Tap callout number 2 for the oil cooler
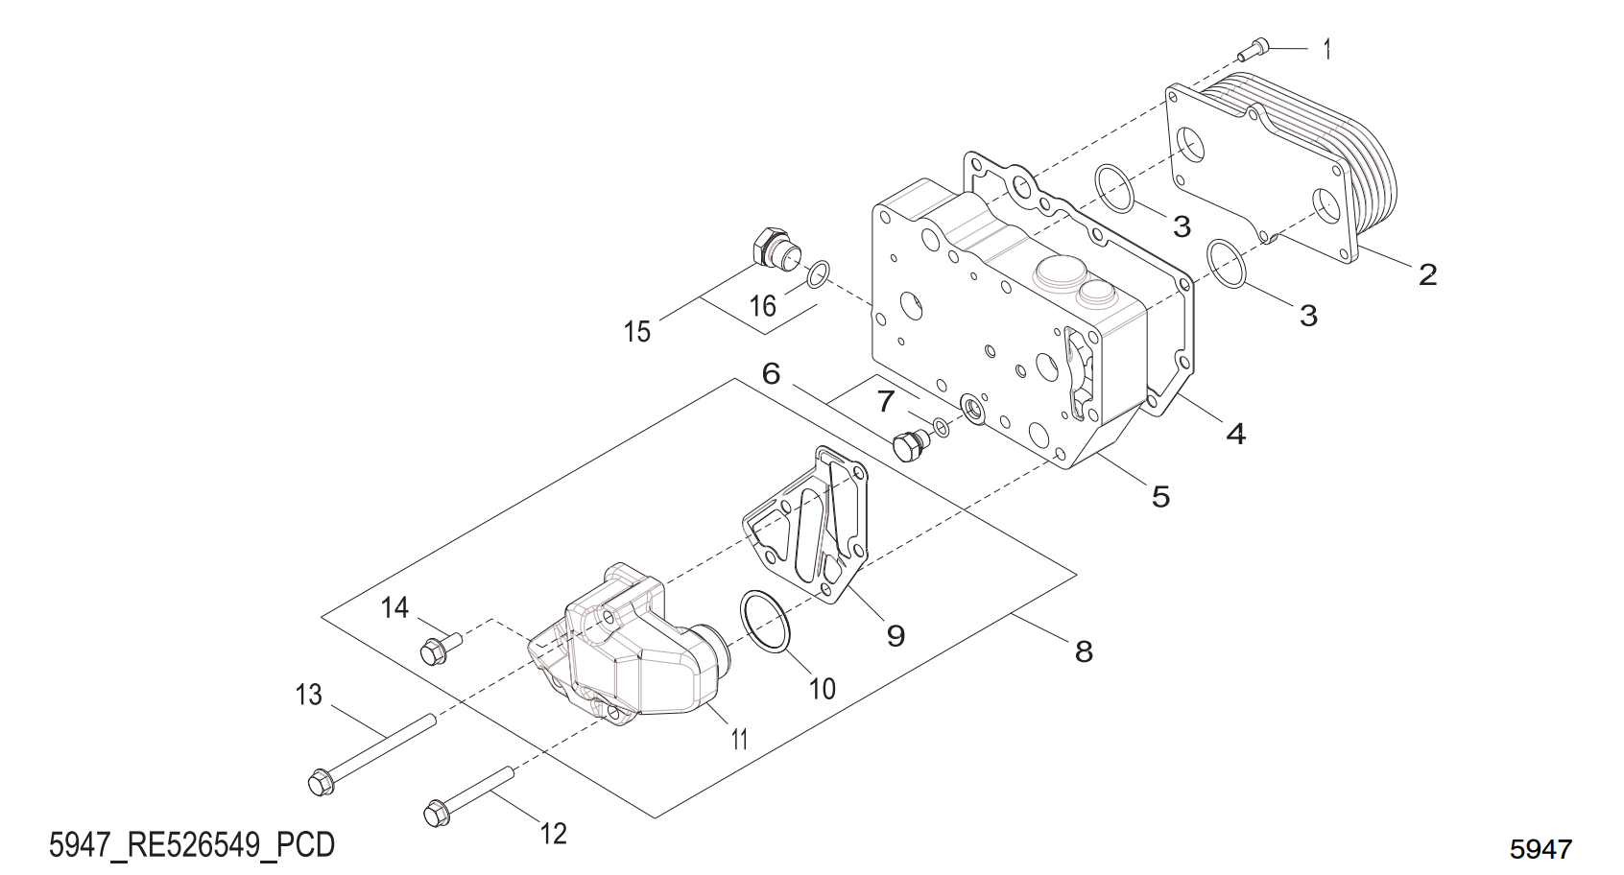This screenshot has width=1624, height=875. (1427, 275)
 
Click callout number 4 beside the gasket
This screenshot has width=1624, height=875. (1236, 434)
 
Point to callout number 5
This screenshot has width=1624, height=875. (1160, 497)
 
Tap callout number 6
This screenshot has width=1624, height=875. (771, 373)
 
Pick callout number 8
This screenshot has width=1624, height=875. (1084, 652)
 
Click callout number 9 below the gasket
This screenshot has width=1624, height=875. (896, 635)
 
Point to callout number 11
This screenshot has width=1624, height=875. (739, 739)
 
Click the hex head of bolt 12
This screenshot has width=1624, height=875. (437, 814)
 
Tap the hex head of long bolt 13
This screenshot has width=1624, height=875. (320, 783)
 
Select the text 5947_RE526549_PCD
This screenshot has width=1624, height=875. (192, 844)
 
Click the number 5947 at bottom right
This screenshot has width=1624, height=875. (1540, 849)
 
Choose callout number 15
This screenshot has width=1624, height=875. (637, 332)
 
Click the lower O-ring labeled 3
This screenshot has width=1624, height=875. (1228, 264)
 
